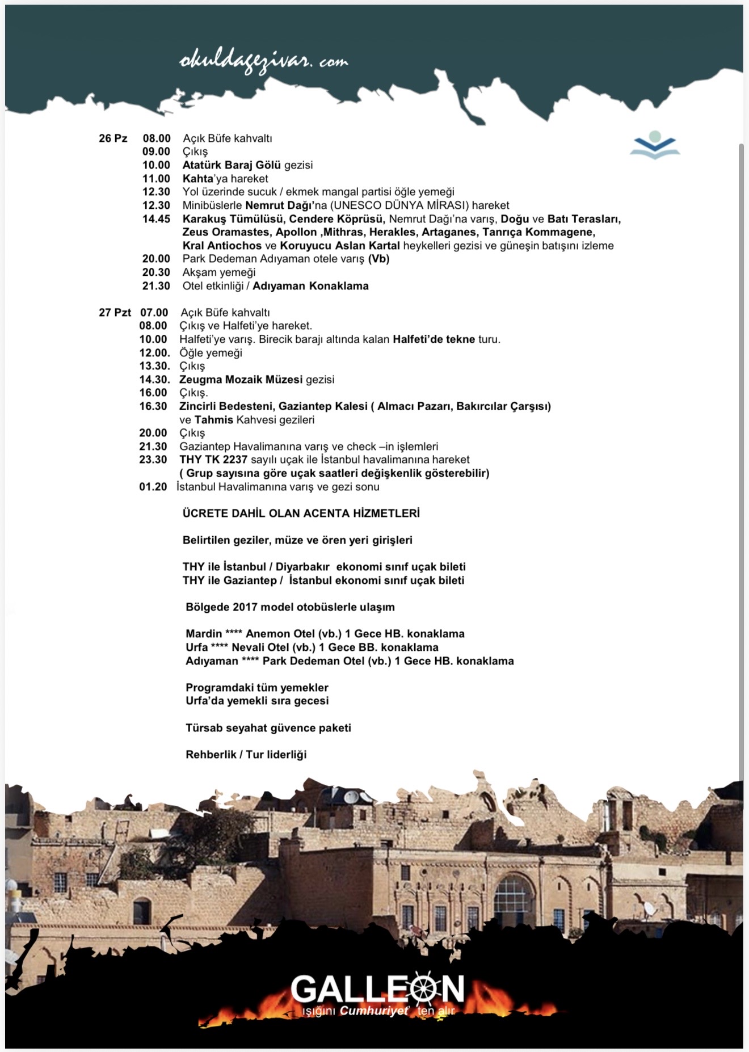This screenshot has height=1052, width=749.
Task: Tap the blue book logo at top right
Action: point(655,145)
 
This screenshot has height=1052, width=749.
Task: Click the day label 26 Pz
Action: point(113,138)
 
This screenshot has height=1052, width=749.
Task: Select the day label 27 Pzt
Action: point(115,313)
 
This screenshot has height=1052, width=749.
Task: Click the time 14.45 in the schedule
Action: point(156,219)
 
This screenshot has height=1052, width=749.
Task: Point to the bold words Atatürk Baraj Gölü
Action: point(232,165)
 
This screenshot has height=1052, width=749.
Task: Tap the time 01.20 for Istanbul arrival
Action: point(153,487)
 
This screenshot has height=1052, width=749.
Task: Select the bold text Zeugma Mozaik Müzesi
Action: point(241,380)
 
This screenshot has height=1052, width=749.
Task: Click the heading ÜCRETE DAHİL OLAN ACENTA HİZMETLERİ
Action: point(301,514)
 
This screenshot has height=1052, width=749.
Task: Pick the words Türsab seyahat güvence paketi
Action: point(268,728)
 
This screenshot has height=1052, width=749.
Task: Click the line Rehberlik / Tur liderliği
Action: point(246,755)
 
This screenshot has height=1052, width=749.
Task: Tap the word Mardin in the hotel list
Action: point(204,634)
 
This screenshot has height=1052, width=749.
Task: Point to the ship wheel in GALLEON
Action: point(423,990)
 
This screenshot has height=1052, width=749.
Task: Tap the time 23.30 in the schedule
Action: point(153,460)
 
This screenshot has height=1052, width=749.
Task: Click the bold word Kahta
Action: point(197,179)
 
